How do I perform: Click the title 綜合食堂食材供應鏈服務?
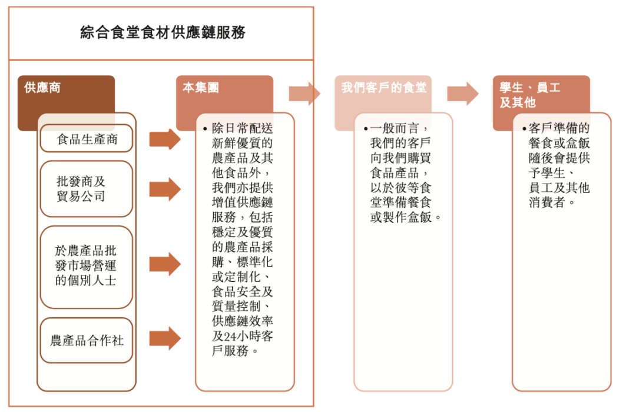163,33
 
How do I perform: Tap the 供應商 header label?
42,88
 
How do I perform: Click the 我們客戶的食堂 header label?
384,88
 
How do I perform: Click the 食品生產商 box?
87,140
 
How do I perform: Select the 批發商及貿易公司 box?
87,189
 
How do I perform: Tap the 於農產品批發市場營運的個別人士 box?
87,266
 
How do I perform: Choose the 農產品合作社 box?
87,340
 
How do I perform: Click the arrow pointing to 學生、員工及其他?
463,94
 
